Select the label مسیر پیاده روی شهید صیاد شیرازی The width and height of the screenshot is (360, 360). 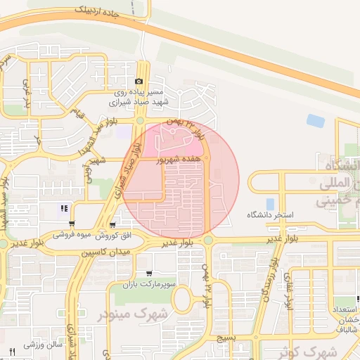coord(141,97)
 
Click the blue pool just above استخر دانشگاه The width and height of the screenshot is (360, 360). coord(270,204)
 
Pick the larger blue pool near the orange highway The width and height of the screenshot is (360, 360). coord(316,120)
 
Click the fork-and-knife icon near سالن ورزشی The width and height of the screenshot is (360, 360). coord(12,350)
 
